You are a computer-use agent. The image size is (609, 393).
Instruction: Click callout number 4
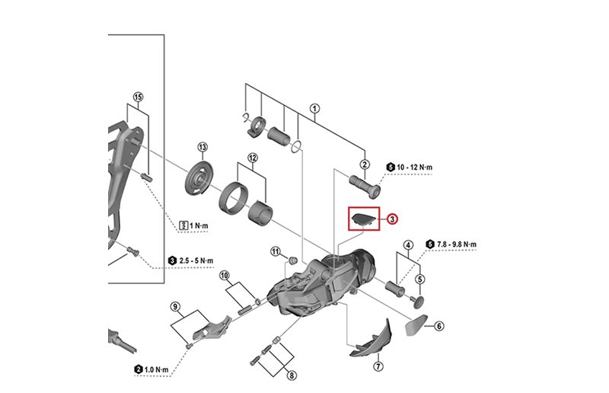[x=408, y=245]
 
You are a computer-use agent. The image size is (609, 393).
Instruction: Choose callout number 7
[x=378, y=366]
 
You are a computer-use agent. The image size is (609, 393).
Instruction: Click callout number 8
[x=292, y=375]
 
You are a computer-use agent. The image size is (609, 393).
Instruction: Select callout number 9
[x=175, y=307]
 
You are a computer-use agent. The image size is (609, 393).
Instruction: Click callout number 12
[x=252, y=158]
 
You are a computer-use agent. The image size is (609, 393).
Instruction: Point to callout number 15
[x=138, y=97]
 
